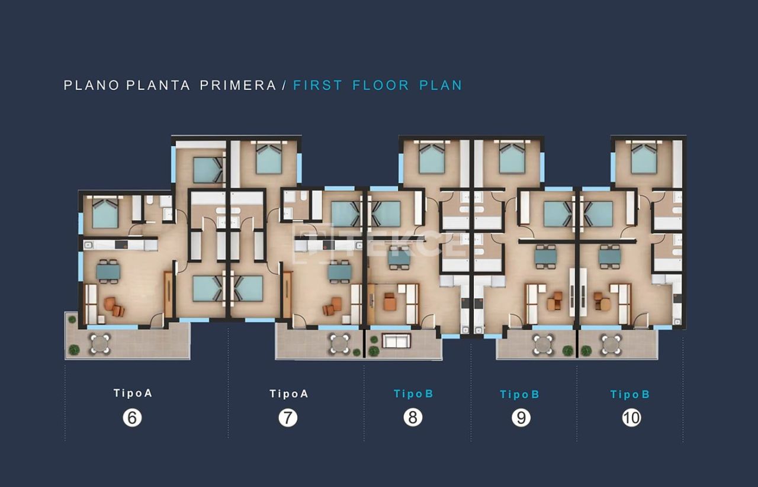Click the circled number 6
[x=132, y=418]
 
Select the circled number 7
[x=288, y=418]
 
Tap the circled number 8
[x=413, y=417]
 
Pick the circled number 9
[x=521, y=418]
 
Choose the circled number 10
[x=631, y=418]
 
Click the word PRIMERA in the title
[x=238, y=85]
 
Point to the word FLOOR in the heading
[x=381, y=85]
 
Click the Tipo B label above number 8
[x=413, y=394]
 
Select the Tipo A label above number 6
[x=133, y=393]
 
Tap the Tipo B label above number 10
[x=630, y=394]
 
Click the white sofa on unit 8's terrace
[x=396, y=341]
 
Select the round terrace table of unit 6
[x=100, y=344]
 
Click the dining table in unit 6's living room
[x=108, y=271]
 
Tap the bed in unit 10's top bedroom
[x=644, y=158]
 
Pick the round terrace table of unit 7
[x=340, y=344]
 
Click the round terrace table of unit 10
[x=611, y=344]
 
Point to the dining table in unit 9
[x=545, y=256]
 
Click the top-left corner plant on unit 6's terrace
[x=72, y=319]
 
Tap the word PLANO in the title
[x=92, y=85]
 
